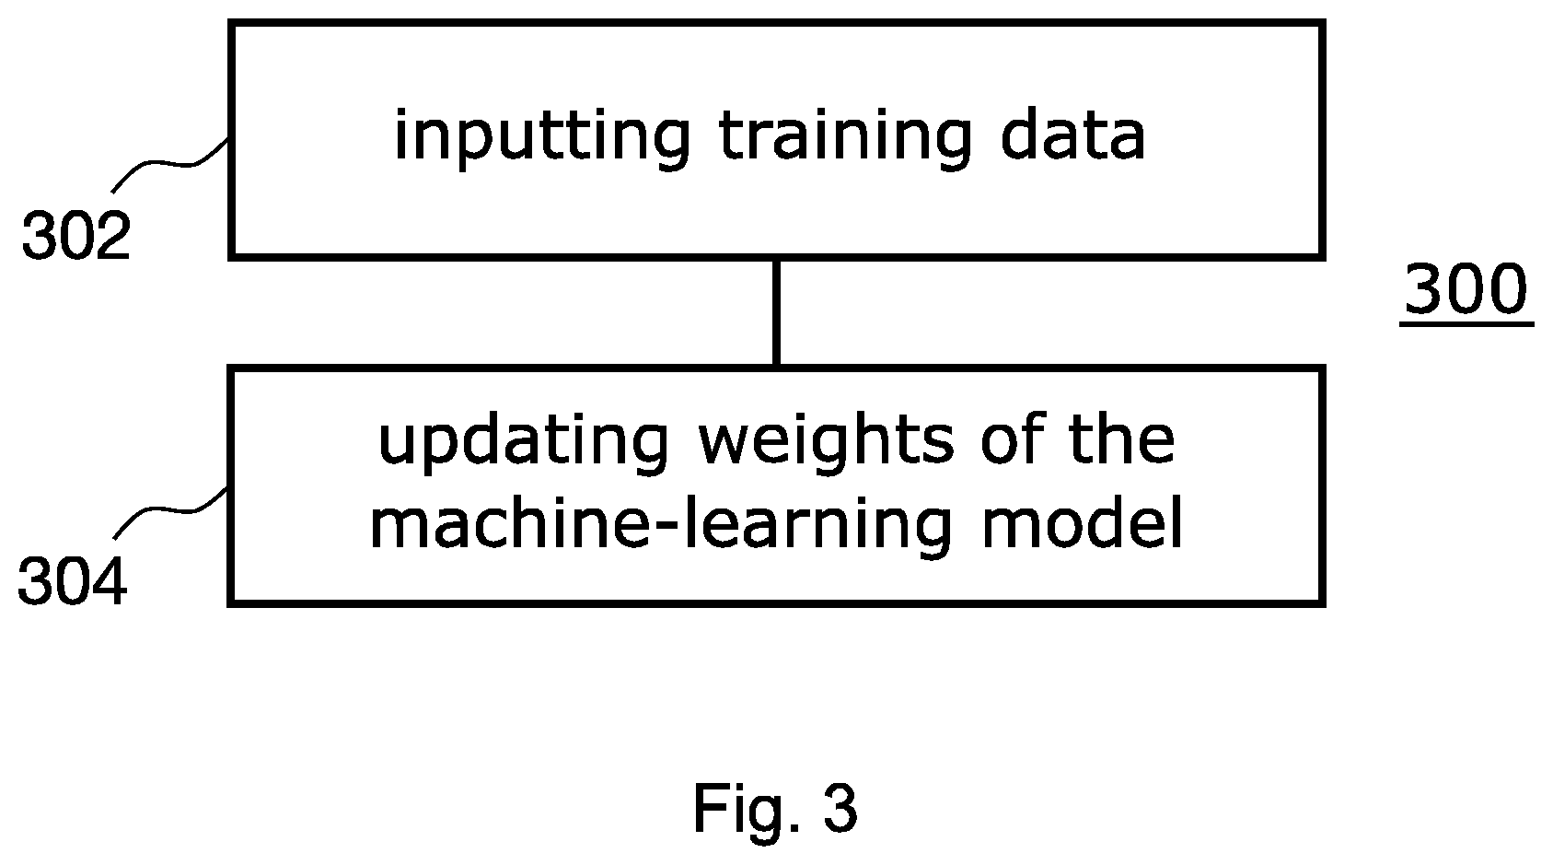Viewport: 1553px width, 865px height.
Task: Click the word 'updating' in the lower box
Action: tap(524, 444)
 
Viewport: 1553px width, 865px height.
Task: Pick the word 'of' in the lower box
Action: tap(1013, 439)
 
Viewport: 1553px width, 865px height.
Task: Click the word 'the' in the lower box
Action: tap(1122, 439)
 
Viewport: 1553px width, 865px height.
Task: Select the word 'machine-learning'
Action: tap(661, 525)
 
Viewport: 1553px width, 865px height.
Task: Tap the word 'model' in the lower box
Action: tap(1083, 520)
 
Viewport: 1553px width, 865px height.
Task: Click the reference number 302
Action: tap(76, 236)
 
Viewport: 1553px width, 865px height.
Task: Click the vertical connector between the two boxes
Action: tap(777, 312)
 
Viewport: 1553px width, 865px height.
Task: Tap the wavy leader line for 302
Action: tap(170, 164)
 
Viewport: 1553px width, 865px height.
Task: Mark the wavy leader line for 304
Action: tap(170, 511)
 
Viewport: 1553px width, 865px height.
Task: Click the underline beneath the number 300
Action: tap(1466, 323)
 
